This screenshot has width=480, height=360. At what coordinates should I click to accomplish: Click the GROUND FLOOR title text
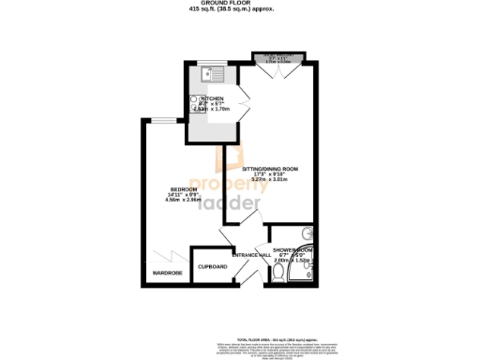point(241,3)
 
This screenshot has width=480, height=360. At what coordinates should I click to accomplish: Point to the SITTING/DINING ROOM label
point(269,168)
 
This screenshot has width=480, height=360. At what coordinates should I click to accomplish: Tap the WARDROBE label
point(163,273)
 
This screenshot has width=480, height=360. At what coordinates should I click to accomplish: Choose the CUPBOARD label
point(213,266)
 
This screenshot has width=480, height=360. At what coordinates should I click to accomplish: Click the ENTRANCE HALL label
point(251,255)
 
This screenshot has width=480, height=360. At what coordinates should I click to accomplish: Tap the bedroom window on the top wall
point(166,119)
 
